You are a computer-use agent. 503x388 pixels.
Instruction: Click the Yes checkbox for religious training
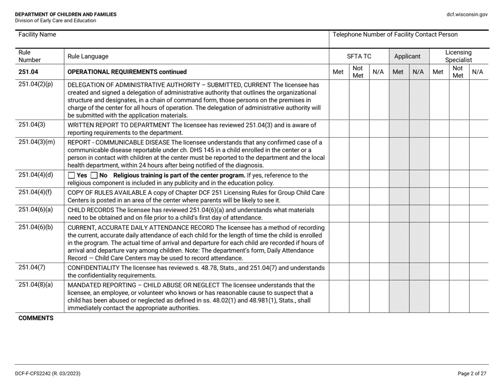(72, 175)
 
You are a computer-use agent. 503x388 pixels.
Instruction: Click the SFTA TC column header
(358, 56)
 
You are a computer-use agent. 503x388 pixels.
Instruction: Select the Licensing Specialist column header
(459, 56)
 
